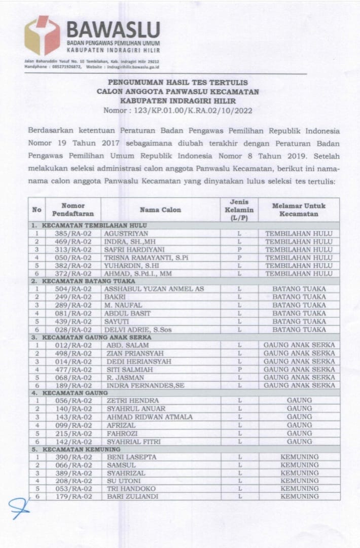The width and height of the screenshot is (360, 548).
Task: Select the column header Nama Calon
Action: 160,210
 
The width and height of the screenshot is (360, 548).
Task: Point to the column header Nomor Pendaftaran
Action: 73,210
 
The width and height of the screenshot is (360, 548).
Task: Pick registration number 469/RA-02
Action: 73,242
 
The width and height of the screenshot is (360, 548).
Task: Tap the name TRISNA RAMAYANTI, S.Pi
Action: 139,258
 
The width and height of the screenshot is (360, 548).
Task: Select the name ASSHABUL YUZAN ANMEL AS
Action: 147,289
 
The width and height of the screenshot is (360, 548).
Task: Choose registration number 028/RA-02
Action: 73,330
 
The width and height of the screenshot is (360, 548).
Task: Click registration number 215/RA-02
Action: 73,434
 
